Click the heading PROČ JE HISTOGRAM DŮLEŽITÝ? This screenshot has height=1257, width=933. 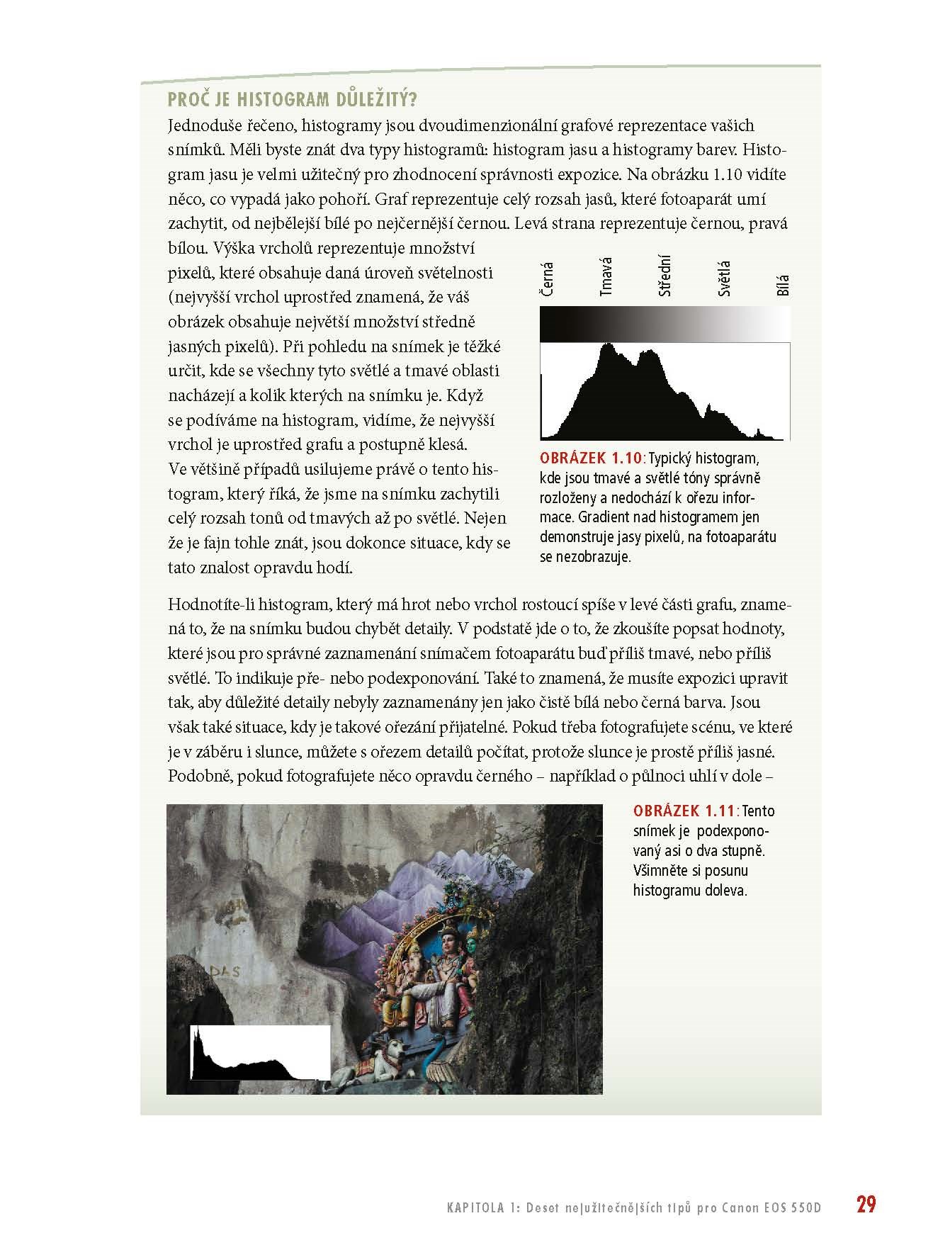pos(293,98)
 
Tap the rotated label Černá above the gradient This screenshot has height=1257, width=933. pos(548,280)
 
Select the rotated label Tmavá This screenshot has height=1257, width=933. pos(606,277)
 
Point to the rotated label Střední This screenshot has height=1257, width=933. pos(665,276)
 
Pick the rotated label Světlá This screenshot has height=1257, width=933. pos(724,279)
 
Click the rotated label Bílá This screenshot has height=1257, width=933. pos(783,285)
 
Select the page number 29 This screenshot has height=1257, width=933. pos(866,1205)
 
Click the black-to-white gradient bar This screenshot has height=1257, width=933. pos(665,325)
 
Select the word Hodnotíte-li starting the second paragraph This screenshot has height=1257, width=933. pos(211,604)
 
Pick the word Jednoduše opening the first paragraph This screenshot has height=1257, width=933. pos(203,125)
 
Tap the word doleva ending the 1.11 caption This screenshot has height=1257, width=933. pos(725,891)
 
